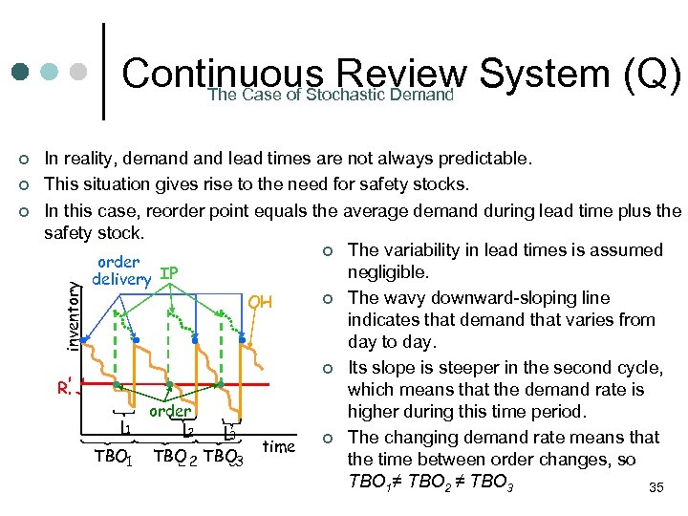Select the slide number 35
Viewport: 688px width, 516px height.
click(x=656, y=489)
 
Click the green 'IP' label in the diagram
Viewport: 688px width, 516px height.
click(x=168, y=273)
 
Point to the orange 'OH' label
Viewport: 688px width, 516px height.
click(x=260, y=302)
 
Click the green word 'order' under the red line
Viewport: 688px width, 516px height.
click(x=169, y=411)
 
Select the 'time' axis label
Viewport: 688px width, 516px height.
click(x=278, y=446)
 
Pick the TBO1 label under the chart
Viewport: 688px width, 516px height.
click(x=113, y=458)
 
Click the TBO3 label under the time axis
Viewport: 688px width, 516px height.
click(x=226, y=458)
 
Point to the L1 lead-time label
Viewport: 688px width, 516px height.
click(x=124, y=429)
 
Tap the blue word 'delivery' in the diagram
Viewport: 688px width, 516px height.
click(x=121, y=279)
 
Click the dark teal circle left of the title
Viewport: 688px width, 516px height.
click(x=21, y=73)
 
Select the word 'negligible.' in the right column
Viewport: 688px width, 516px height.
click(x=388, y=273)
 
